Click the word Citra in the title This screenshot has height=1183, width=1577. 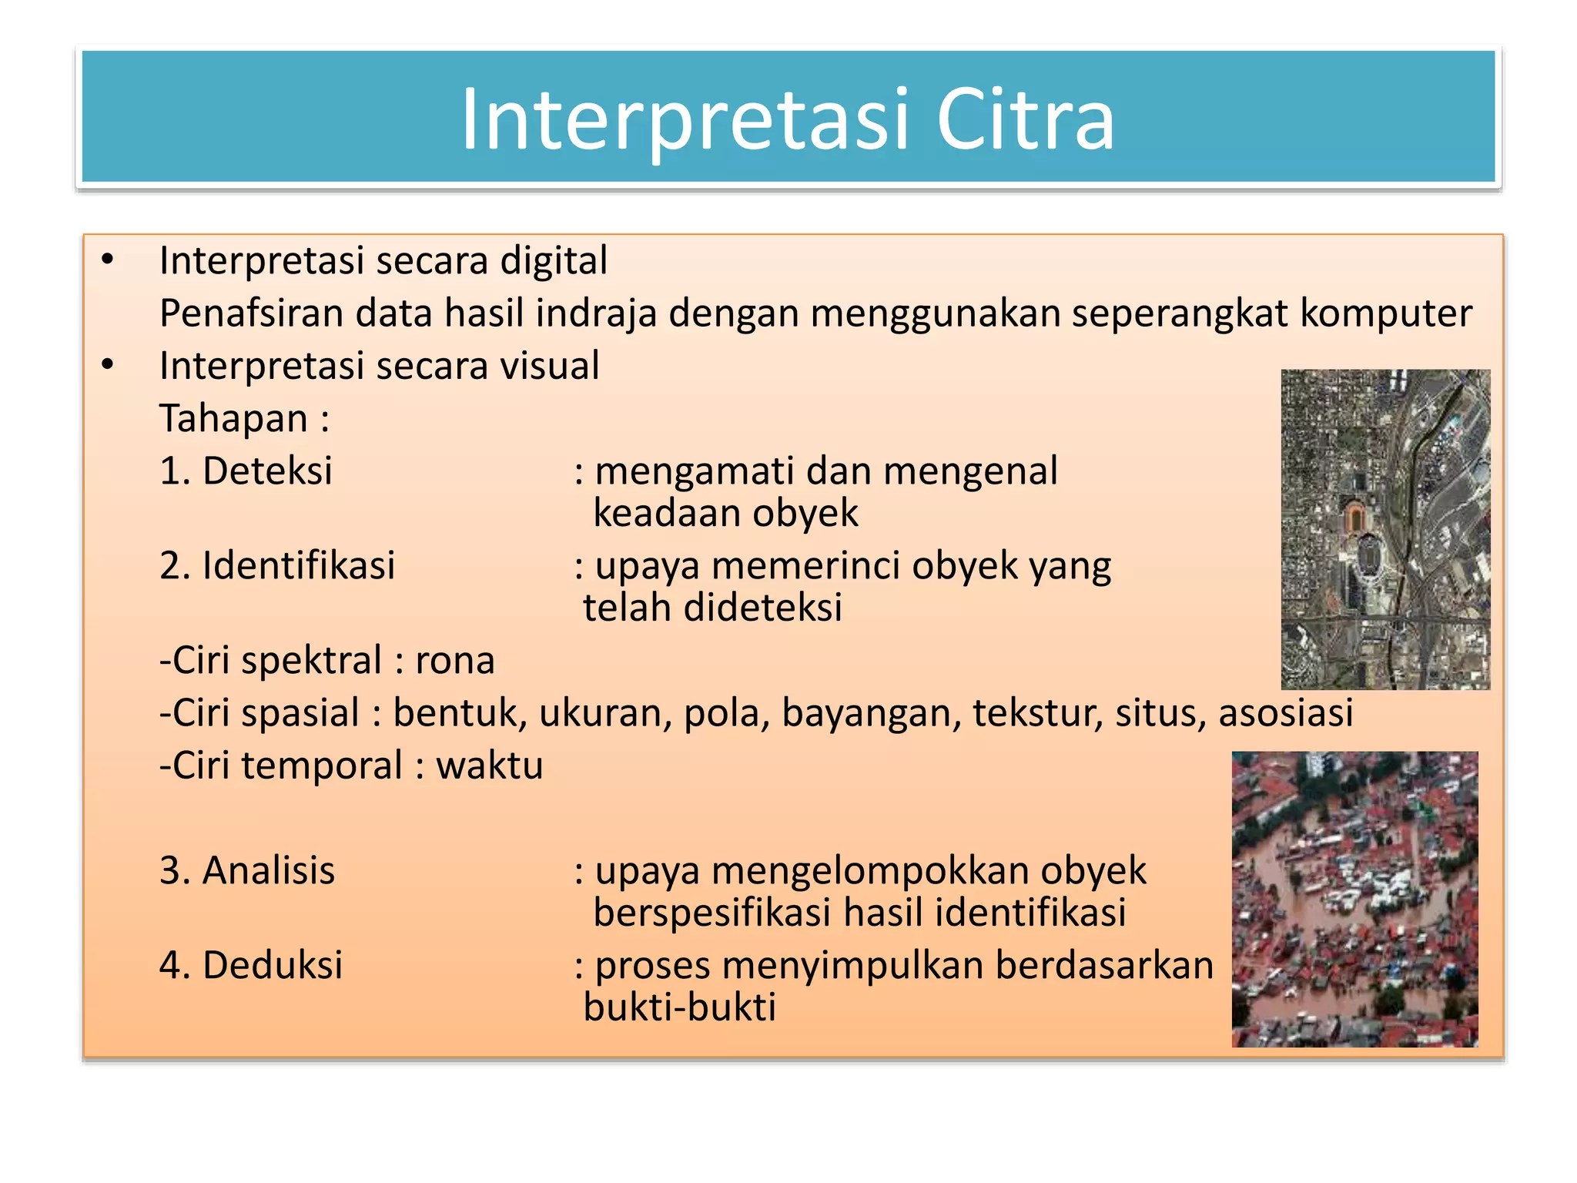(1025, 119)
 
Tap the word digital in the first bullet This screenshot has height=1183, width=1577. (554, 260)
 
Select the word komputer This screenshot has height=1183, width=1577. (1385, 313)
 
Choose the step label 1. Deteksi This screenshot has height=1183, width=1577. (246, 471)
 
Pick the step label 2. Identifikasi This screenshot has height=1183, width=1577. (277, 565)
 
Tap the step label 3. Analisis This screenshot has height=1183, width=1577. (247, 871)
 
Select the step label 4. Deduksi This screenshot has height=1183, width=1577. (251, 965)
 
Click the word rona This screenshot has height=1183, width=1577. (455, 661)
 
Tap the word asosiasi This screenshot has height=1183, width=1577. (1285, 712)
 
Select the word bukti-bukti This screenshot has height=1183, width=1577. (680, 1007)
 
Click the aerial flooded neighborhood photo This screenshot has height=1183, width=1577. (1354, 899)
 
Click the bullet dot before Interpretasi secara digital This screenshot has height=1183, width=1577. (108, 260)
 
